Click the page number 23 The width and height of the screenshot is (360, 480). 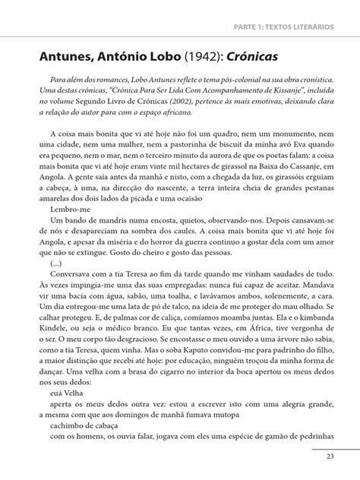click(x=330, y=456)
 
